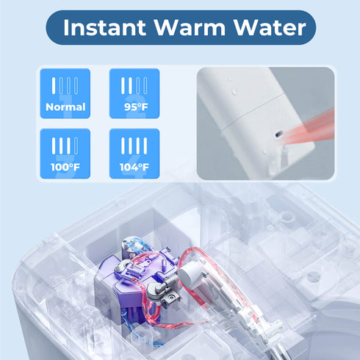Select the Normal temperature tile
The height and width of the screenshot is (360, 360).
65,93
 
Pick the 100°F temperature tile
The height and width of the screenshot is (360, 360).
65,154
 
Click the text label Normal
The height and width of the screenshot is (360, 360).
65,107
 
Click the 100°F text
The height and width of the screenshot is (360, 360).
65,167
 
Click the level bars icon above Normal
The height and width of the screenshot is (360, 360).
65,84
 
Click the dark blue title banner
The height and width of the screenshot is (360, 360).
180,29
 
